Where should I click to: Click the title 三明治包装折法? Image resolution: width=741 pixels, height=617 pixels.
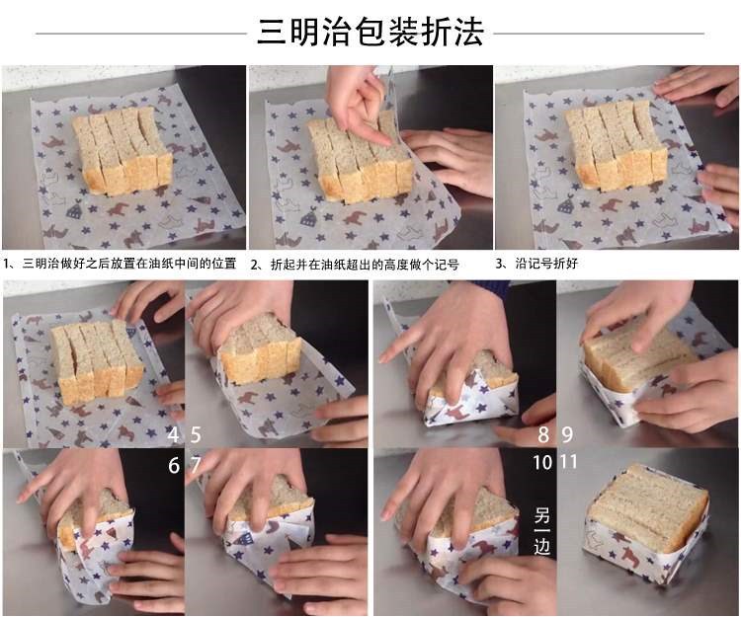click(370, 33)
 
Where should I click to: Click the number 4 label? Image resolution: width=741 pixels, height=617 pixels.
click(174, 434)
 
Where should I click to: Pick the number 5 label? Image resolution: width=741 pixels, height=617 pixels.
click(196, 434)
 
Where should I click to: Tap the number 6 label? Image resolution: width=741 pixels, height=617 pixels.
click(174, 465)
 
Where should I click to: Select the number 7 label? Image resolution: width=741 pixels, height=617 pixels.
click(196, 465)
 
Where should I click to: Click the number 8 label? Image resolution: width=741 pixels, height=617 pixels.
click(542, 434)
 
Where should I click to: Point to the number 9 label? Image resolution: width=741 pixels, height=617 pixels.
click(568, 434)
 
